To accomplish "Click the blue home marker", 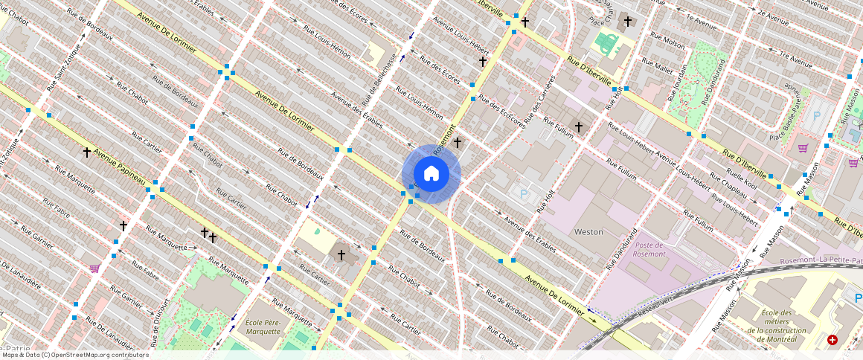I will coord(431,173).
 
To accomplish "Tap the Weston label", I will coord(588,232).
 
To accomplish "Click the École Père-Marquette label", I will coord(263,327).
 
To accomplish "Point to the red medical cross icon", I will coord(832,340).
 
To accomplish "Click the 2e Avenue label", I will coord(772,16).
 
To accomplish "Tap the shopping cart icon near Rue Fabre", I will coord(94,269).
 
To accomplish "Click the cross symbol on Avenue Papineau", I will coord(86,152).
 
